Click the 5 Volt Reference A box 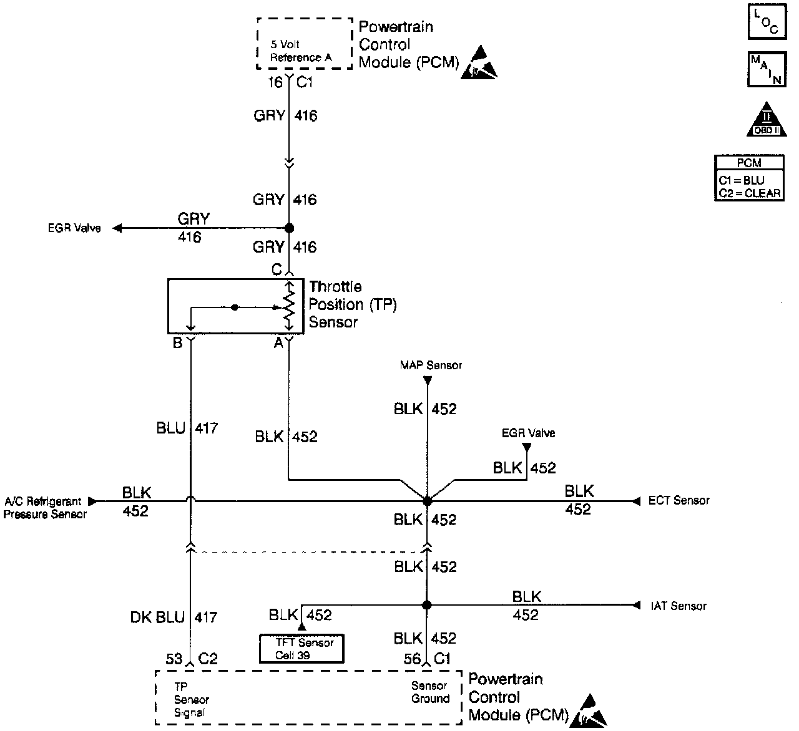point(305,44)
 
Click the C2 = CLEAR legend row point(749,193)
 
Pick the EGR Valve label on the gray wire point(74,228)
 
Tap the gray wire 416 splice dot point(289,228)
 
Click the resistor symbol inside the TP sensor point(288,306)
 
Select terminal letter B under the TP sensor point(177,342)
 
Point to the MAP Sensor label point(431,365)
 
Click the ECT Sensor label point(679,500)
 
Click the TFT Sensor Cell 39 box point(301,649)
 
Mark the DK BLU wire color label point(157,617)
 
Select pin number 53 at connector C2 point(174,659)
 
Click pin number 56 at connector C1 point(412,659)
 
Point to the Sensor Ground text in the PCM point(430,692)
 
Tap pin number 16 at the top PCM point(275,82)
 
